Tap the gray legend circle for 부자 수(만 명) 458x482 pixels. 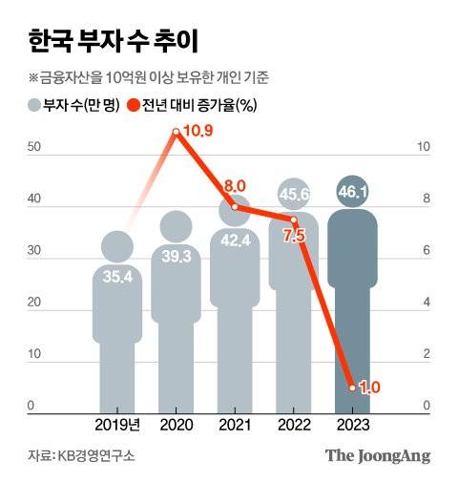tap(34, 106)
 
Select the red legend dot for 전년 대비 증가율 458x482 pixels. tap(135, 106)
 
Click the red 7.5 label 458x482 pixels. tap(294, 236)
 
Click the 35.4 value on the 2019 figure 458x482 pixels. tap(117, 277)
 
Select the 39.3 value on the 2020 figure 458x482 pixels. tap(176, 257)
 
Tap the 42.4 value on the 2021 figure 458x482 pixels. tap(235, 241)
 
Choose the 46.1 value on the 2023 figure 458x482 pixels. tap(352, 193)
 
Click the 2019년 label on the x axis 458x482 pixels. tap(117, 423)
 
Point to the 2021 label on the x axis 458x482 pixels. tap(235, 423)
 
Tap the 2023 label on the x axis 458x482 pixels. tap(352, 423)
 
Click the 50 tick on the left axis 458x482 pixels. tap(33, 148)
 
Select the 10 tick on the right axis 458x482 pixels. tap(426, 148)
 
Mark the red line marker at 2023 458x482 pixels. tap(352, 388)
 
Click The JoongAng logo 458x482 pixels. tap(378, 455)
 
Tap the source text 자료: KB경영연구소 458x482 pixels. tap(81, 456)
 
